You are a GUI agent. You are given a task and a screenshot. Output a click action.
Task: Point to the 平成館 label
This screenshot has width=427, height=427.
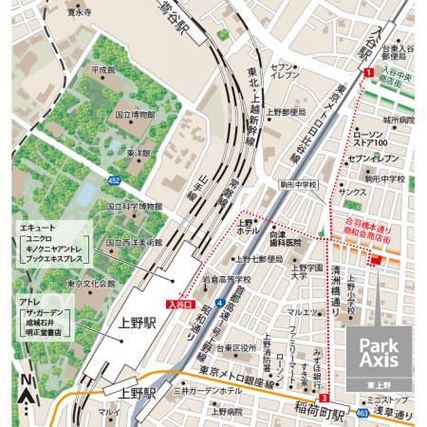[102, 70]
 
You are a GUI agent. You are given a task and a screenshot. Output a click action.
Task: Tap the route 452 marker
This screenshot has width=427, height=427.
[115, 178]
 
